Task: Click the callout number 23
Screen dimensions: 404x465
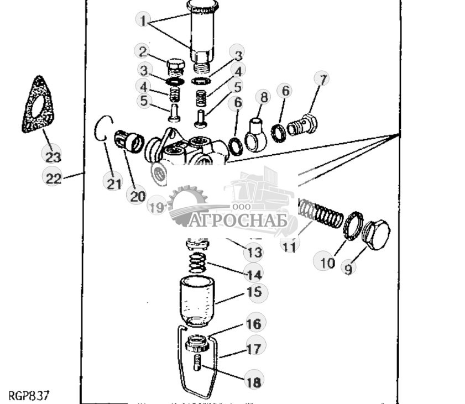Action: tap(53, 155)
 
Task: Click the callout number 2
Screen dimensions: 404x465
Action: tap(144, 52)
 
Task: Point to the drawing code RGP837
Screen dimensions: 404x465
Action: tap(29, 396)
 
